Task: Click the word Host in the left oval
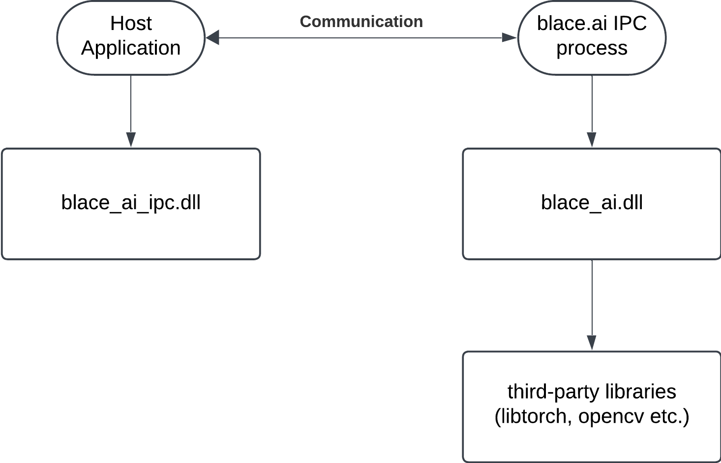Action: coord(131,24)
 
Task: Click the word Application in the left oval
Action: coord(131,48)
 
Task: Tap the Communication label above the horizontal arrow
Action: coord(361,22)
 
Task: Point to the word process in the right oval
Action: coord(592,49)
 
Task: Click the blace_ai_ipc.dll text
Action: coord(131,203)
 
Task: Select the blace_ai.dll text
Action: coord(592,203)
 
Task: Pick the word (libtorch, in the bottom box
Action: coord(533,417)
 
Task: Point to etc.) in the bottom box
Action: coord(670,417)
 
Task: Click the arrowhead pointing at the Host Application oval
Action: coord(212,38)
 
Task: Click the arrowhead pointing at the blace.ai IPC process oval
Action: coord(510,38)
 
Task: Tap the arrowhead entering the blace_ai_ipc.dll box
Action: coord(131,139)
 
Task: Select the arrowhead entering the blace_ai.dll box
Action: coord(592,139)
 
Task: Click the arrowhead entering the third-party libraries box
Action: coord(592,342)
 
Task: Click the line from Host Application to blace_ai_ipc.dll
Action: coord(131,111)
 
